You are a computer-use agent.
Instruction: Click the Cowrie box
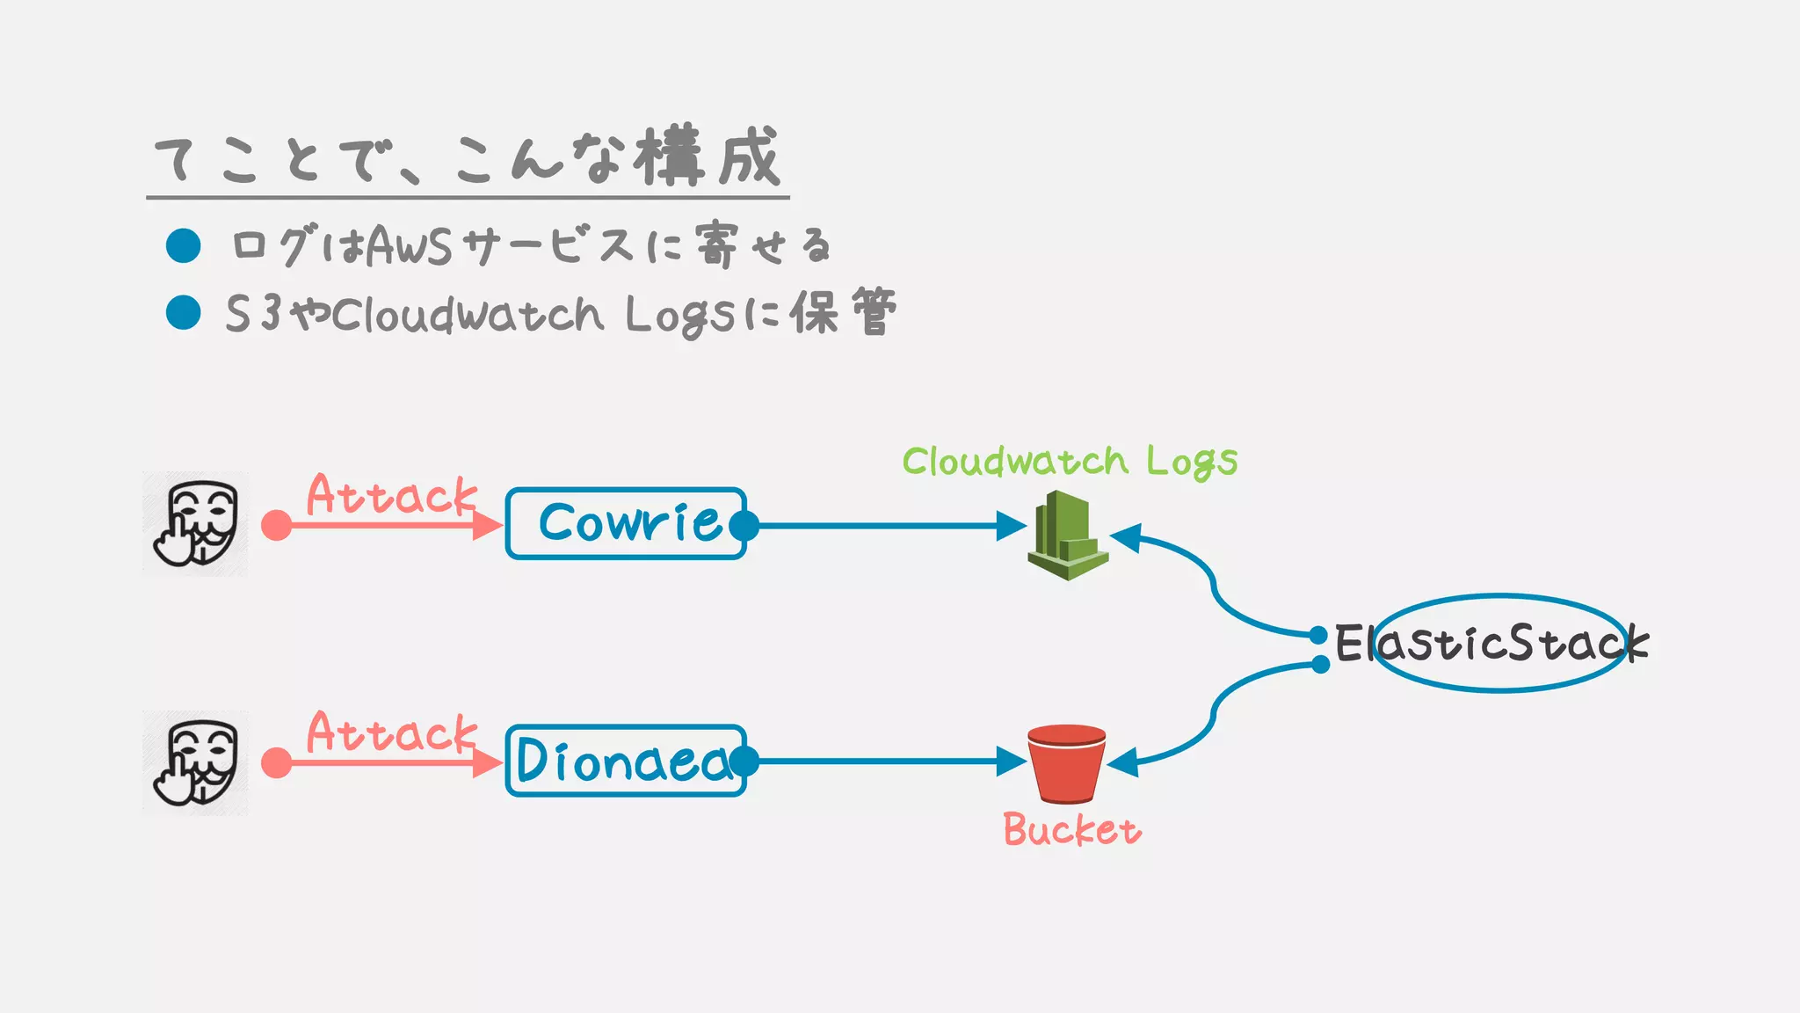tap(626, 523)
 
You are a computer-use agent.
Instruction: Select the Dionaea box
tap(626, 761)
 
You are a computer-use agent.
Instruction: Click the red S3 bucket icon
tap(1066, 763)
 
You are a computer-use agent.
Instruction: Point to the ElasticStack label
tap(1492, 643)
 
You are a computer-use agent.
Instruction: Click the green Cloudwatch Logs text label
tap(1070, 461)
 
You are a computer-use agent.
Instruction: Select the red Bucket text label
tap(1072, 829)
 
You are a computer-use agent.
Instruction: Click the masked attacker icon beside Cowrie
tap(195, 523)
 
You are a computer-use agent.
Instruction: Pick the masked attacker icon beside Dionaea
tap(195, 762)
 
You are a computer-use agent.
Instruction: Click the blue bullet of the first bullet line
tap(184, 245)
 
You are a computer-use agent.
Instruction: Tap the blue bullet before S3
tap(184, 312)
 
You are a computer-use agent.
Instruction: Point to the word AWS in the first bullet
tap(409, 246)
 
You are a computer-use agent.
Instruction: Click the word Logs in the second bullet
tap(679, 315)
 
